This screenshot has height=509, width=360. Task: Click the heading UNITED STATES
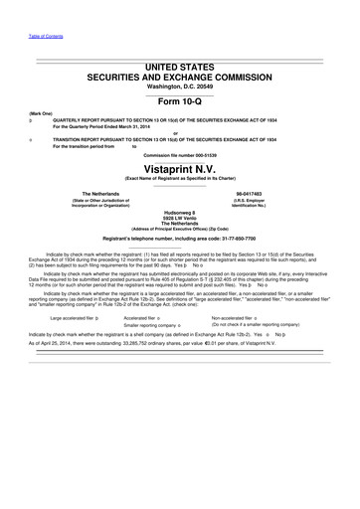180,65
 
